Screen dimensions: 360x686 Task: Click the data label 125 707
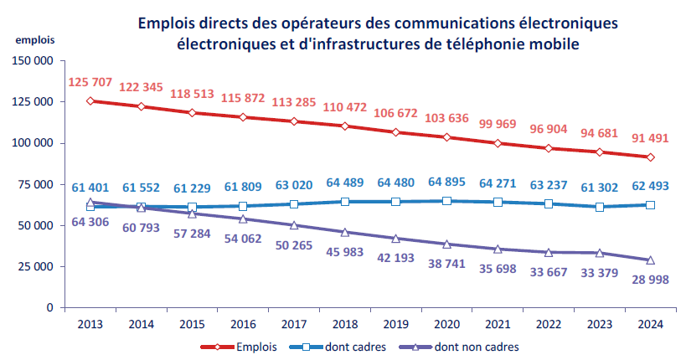(x=90, y=83)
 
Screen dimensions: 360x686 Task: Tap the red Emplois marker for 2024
(x=650, y=157)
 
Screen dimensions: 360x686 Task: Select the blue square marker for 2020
(x=446, y=201)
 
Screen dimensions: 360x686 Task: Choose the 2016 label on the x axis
(x=243, y=324)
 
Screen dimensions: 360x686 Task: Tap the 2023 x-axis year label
(x=599, y=324)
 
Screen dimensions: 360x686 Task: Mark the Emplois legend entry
(x=239, y=346)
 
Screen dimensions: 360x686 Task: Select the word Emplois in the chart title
(x=168, y=23)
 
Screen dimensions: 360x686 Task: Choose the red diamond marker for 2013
(x=90, y=100)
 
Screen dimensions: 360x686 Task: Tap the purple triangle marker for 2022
(x=548, y=252)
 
